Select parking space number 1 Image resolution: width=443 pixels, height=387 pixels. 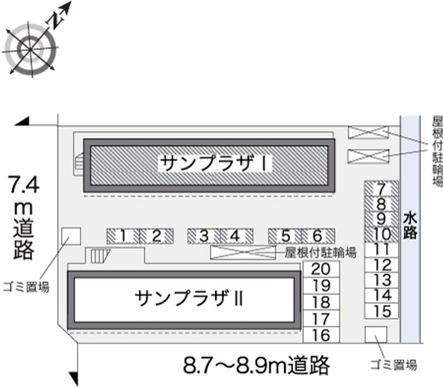pyautogui.click(x=122, y=236)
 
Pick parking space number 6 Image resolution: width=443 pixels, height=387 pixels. pyautogui.click(x=318, y=236)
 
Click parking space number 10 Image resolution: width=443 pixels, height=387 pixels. pyautogui.click(x=382, y=234)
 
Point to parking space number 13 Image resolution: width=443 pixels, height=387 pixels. pyautogui.click(x=382, y=280)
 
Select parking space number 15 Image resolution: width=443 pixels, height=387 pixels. pyautogui.click(x=382, y=311)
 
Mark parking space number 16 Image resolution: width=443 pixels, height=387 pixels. pyautogui.click(x=321, y=335)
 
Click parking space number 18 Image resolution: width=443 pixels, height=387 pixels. pyautogui.click(x=321, y=302)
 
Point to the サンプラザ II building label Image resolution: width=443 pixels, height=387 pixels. pyautogui.click(x=188, y=298)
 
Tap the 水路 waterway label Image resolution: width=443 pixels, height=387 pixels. pyautogui.click(x=410, y=225)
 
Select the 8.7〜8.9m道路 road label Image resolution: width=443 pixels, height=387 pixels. pyautogui.click(x=256, y=365)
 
